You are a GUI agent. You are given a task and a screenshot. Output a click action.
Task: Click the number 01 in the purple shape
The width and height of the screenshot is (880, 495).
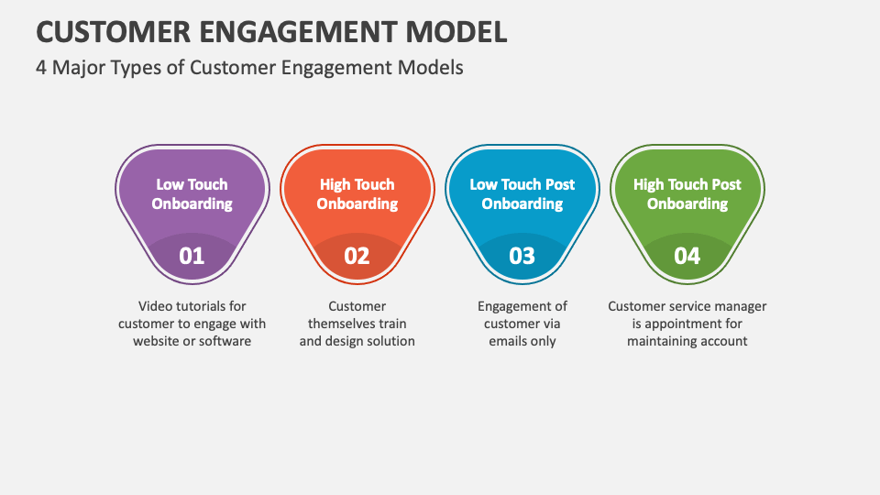click(x=192, y=256)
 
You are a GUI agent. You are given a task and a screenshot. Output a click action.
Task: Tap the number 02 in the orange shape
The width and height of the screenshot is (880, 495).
click(x=357, y=256)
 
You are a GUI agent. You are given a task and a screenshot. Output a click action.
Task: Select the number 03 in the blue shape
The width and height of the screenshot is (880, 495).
click(x=522, y=256)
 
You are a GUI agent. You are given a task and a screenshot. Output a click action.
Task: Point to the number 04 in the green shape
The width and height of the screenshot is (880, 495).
click(x=687, y=256)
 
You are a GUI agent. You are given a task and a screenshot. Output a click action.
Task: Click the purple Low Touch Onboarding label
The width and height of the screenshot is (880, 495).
click(x=192, y=194)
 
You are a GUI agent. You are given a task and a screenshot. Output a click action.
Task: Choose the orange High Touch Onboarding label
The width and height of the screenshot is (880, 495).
click(x=357, y=194)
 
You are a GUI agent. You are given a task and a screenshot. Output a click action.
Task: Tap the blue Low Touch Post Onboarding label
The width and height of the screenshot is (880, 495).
click(x=522, y=194)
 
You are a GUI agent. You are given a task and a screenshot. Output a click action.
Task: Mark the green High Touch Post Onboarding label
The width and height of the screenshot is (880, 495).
click(x=687, y=194)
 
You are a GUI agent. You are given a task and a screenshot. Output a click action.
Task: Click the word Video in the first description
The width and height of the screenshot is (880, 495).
click(x=156, y=306)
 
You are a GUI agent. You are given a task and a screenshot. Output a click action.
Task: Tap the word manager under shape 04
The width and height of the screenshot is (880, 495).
click(x=740, y=306)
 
